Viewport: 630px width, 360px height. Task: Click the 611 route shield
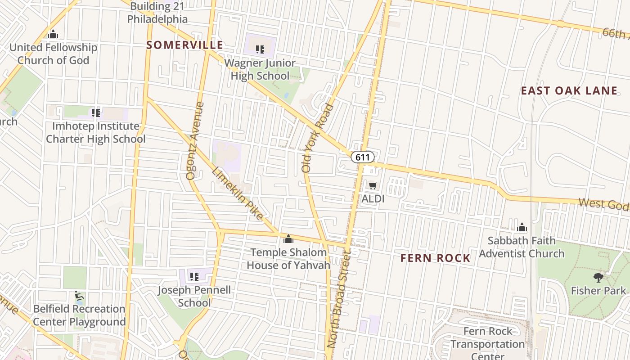(x=363, y=157)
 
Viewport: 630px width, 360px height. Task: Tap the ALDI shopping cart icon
(x=373, y=185)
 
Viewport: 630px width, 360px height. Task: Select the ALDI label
(x=373, y=198)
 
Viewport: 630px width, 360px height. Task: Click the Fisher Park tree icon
(x=598, y=277)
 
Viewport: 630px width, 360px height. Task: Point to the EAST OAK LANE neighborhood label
(x=569, y=91)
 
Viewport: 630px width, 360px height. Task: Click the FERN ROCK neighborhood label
(x=435, y=258)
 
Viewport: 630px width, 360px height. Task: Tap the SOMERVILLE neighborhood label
(x=184, y=45)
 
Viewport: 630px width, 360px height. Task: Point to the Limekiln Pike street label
(x=238, y=194)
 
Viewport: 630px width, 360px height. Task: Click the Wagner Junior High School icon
(x=260, y=49)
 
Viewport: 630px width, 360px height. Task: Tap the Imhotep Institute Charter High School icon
(x=95, y=112)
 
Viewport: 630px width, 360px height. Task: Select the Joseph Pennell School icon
(x=194, y=276)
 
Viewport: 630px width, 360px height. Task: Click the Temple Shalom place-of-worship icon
(x=288, y=239)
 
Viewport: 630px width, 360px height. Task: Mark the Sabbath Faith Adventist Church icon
(x=522, y=227)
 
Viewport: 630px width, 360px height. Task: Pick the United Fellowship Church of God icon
(x=53, y=34)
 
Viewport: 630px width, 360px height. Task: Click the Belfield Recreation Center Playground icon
(x=79, y=296)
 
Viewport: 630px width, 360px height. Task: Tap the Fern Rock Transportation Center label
(x=488, y=344)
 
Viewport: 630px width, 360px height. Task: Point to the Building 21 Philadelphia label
(x=157, y=13)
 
